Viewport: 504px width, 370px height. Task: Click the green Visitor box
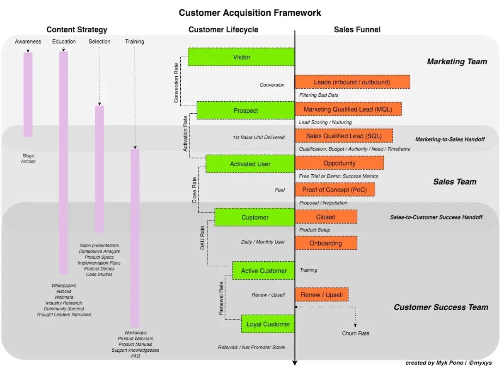tap(241, 57)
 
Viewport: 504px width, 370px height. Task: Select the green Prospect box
tap(245, 110)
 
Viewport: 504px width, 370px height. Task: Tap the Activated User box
tap(250, 164)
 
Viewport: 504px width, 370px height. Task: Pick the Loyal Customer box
tap(268, 324)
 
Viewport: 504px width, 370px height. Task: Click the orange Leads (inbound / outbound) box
tap(352, 82)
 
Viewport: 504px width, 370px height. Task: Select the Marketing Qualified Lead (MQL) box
tap(348, 109)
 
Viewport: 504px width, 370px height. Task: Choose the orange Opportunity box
tap(339, 163)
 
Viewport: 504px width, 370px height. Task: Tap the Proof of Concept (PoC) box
tap(335, 190)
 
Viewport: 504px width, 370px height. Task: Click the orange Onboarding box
tap(326, 243)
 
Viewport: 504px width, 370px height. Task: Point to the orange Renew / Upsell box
tap(322, 295)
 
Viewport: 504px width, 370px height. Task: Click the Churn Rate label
tap(355, 333)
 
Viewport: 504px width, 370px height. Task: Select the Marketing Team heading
tap(457, 62)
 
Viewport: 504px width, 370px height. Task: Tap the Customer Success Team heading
tap(441, 307)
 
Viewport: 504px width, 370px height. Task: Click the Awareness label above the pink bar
tap(28, 41)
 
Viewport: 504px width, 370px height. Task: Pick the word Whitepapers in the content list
tap(64, 286)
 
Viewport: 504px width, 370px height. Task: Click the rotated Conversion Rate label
tap(176, 83)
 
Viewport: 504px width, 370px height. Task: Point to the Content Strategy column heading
tap(77, 29)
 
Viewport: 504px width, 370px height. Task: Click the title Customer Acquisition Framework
tap(250, 13)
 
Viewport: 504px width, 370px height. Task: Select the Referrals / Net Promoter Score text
tap(251, 347)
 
